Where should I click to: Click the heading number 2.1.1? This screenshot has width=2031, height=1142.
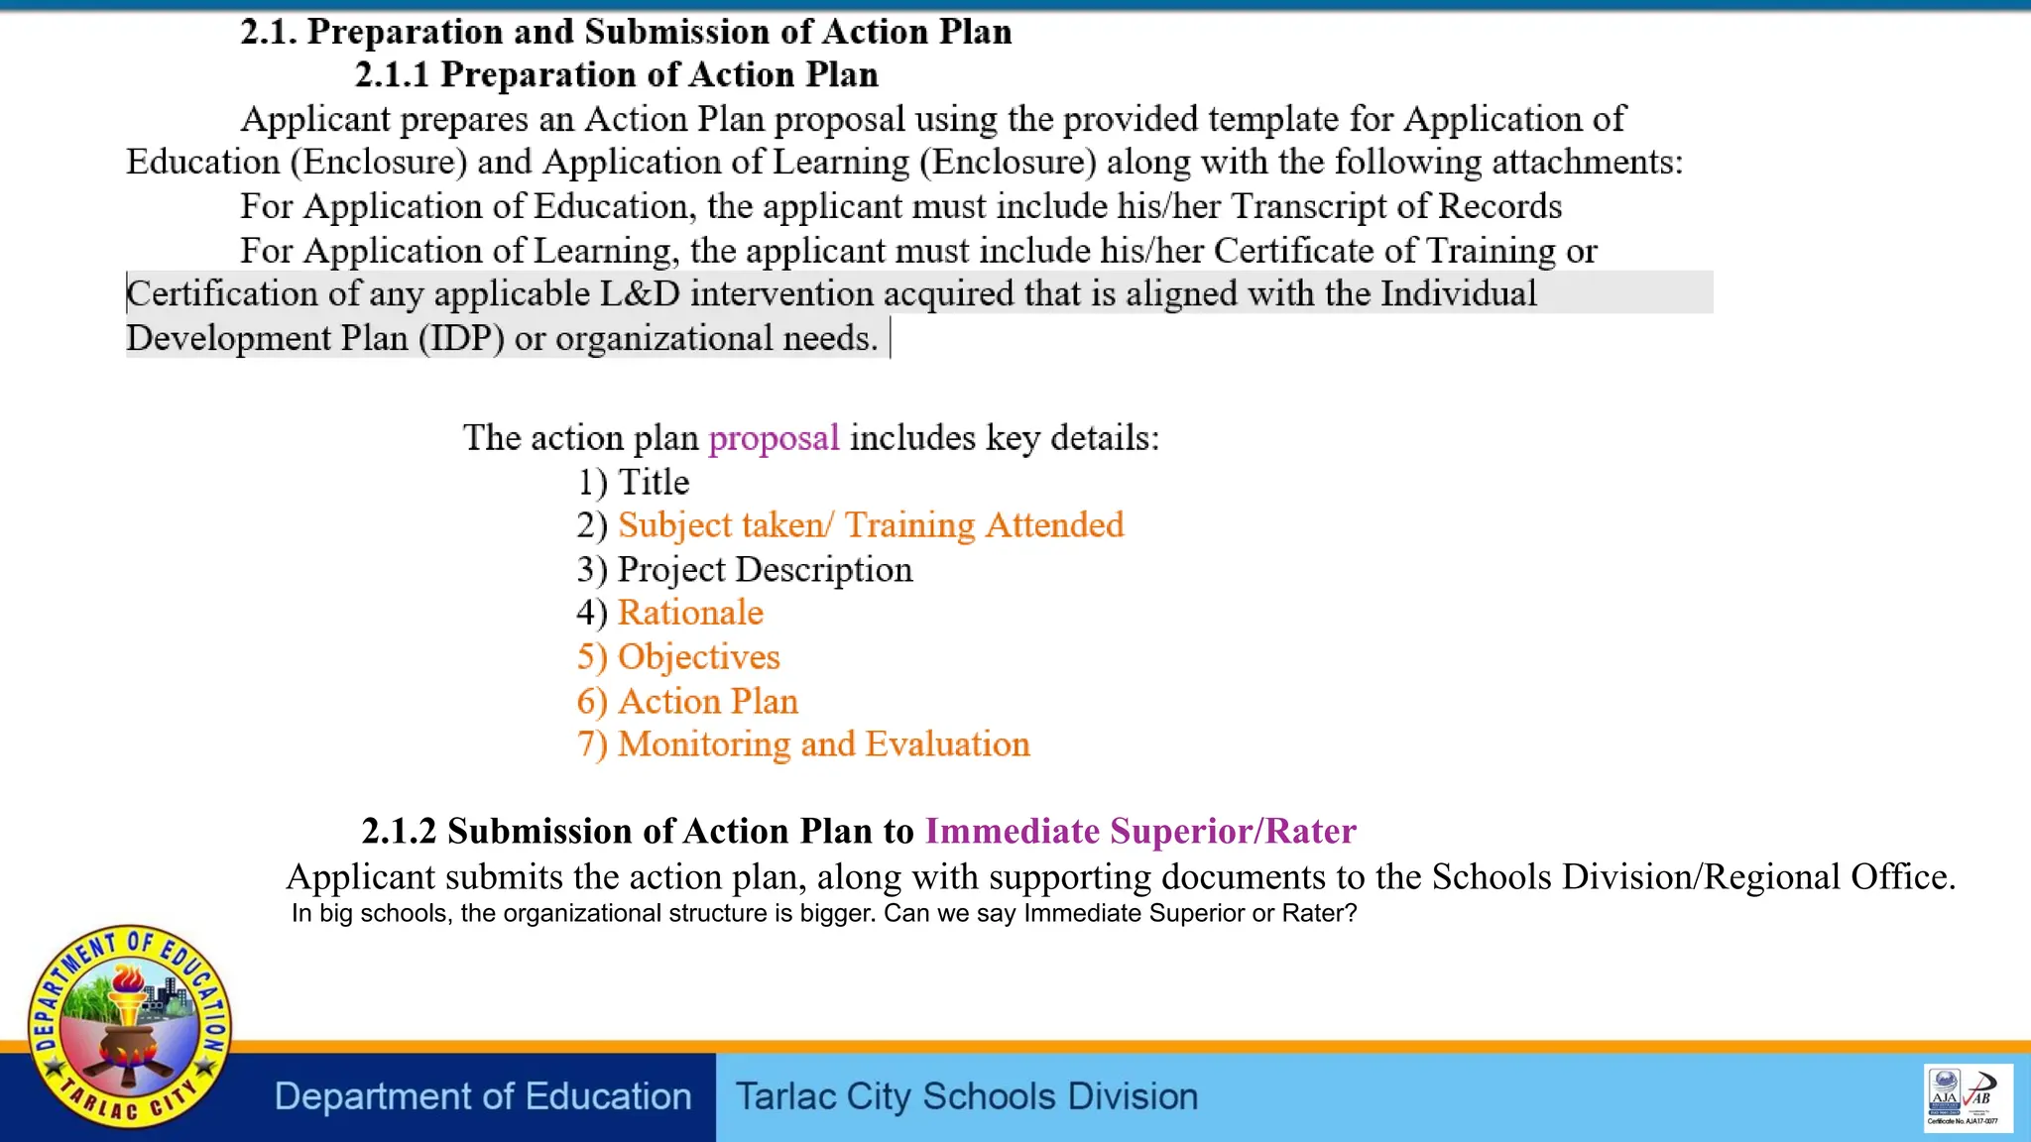392,74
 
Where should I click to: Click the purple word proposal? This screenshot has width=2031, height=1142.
774,437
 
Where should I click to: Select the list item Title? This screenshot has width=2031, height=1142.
653,482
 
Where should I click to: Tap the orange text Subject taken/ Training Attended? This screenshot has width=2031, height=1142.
870,524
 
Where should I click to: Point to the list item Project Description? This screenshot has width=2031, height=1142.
765,569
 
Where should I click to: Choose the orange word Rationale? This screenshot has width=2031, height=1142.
690,613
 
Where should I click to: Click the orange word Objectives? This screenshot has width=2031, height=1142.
698,656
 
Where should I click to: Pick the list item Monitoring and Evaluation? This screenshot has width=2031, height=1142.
823,743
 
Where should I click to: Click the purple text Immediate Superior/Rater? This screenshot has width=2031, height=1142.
1140,831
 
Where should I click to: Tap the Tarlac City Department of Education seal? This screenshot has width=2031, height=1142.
129,1026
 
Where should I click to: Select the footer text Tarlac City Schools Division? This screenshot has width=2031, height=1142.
966,1096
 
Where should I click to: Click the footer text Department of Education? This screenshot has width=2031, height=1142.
483,1096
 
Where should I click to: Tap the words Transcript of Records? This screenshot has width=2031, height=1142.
1395,206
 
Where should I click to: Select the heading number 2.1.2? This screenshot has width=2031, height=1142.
399,831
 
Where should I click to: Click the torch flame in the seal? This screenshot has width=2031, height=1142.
127,980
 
